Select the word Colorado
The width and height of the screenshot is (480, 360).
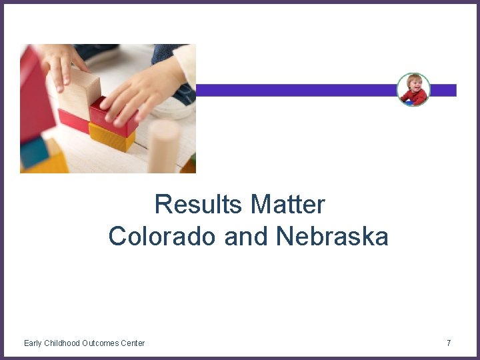[x=163, y=236]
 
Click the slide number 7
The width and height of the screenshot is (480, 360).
[x=449, y=343]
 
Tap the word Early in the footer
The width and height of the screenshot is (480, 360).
[x=32, y=343]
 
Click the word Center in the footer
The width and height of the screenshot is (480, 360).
[x=133, y=343]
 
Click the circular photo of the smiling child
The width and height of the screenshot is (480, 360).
[x=413, y=90]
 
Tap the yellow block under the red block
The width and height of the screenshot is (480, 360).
[x=111, y=138]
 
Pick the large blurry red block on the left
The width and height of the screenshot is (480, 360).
[x=33, y=93]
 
